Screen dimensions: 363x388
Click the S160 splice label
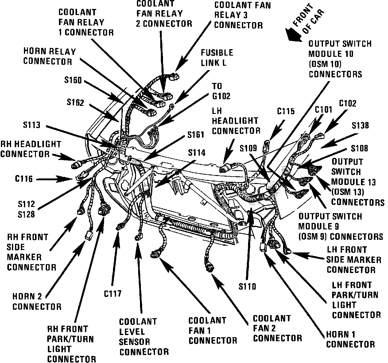pos(73,80)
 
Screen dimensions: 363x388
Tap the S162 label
pos(75,102)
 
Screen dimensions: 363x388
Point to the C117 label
pos(113,294)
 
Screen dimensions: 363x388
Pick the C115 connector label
pos(286,111)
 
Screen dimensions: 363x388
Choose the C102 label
pos(347,104)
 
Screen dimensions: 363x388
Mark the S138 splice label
pos(360,126)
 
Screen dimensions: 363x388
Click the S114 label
pos(197,153)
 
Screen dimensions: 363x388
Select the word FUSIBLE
pos(217,53)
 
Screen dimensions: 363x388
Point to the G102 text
pos(221,96)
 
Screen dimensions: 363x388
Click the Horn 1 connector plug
pos(263,247)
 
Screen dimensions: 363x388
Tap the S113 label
pos(31,125)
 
